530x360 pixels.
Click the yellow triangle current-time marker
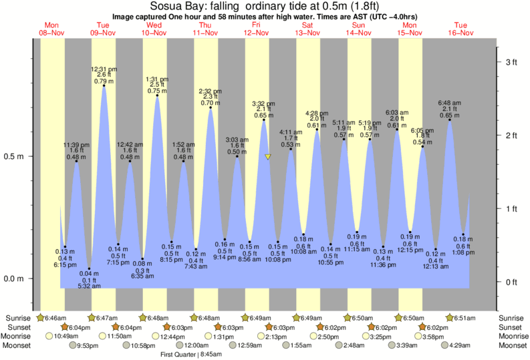click(x=267, y=157)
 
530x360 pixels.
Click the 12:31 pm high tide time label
click(x=104, y=69)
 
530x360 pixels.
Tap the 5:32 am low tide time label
click(x=89, y=286)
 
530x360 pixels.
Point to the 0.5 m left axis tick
click(x=14, y=157)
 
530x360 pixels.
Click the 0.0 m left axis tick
click(x=14, y=279)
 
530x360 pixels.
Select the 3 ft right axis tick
click(x=511, y=62)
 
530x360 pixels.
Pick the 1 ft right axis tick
click(x=511, y=209)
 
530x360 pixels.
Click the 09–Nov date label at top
click(x=104, y=33)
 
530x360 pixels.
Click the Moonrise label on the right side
click(x=511, y=337)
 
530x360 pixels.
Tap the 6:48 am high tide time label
click(x=449, y=102)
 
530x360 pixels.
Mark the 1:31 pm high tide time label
click(x=157, y=79)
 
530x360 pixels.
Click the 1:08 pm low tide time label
click(x=462, y=253)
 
